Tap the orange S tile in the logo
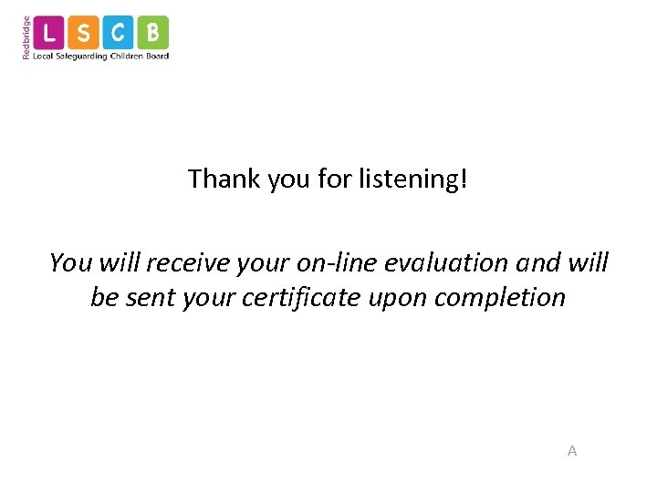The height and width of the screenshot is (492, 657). click(84, 34)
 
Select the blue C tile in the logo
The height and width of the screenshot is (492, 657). click(118, 34)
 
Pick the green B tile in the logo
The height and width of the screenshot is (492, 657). click(152, 34)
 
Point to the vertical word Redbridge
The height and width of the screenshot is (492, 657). click(26, 37)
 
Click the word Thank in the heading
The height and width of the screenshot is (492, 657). click(224, 179)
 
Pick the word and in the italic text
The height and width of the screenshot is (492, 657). click(536, 262)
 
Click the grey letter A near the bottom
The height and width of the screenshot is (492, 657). click(572, 451)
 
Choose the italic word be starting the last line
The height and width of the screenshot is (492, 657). click(103, 297)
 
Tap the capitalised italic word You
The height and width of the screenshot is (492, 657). click(70, 262)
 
